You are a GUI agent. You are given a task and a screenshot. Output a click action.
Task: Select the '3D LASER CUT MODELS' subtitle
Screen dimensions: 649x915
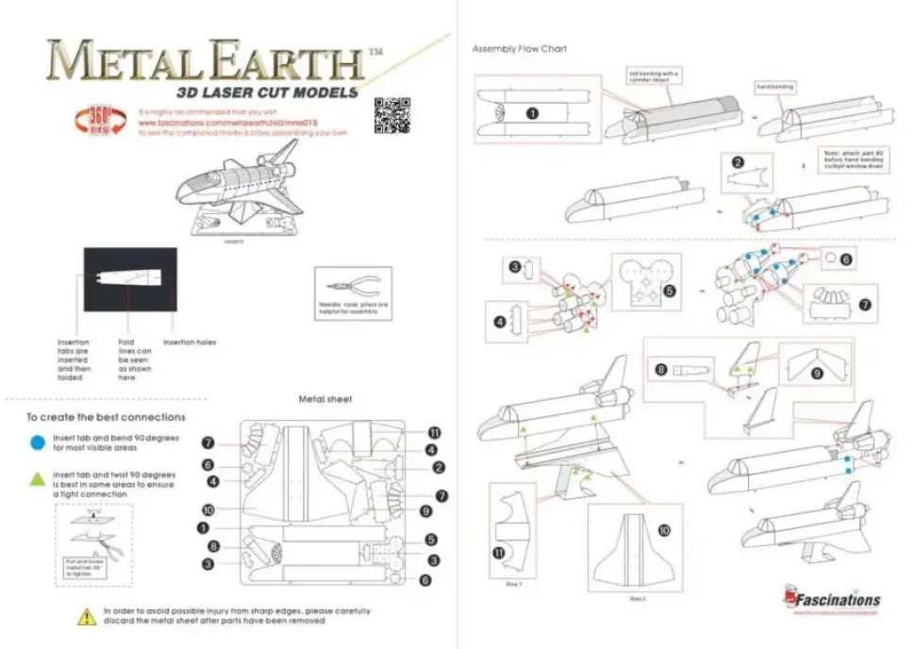[267, 92]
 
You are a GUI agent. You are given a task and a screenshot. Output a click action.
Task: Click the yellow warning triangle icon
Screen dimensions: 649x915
[83, 617]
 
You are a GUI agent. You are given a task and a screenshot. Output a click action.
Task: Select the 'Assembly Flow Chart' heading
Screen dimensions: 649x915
[519, 48]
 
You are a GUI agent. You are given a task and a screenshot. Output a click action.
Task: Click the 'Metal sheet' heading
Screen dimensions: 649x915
[324, 399]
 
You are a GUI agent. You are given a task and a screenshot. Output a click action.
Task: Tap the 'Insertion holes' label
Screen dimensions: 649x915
[189, 341]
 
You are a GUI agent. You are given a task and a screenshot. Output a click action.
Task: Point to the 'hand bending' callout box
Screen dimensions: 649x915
[774, 87]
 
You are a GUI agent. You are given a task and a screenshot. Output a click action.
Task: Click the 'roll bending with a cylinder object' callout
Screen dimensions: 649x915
[653, 75]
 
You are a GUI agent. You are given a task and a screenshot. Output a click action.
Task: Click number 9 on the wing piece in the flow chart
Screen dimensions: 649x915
[817, 374]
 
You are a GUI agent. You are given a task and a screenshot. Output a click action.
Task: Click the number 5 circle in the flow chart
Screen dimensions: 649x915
[669, 291]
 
